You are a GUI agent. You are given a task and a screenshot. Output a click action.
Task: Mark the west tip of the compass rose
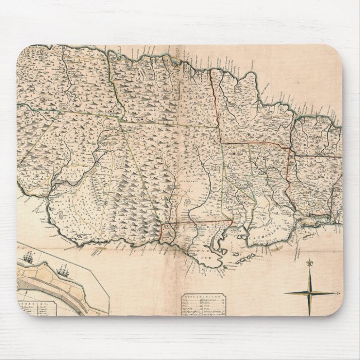(x=284, y=292)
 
